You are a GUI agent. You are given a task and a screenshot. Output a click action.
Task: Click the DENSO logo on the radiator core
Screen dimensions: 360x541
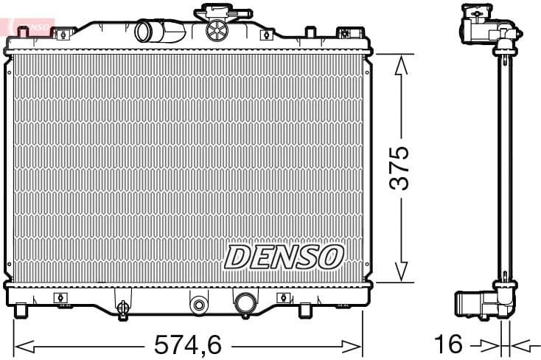coord(284,256)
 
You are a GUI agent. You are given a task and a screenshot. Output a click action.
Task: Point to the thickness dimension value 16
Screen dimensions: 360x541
coord(448,344)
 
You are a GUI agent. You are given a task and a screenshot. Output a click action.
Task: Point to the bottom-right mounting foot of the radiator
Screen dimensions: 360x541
coord(305,310)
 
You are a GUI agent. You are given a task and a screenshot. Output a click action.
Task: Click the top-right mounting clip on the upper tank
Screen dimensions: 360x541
coord(344,32)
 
